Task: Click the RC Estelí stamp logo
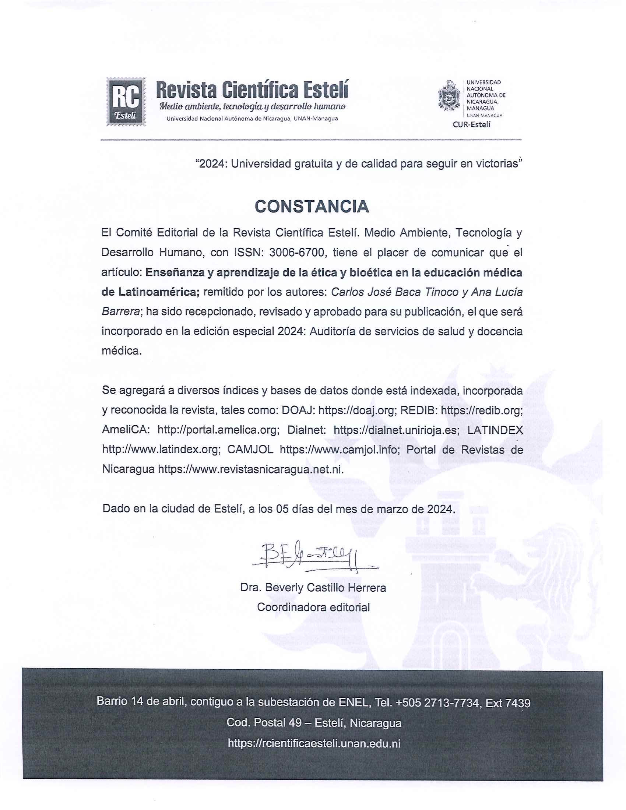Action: pyautogui.click(x=126, y=101)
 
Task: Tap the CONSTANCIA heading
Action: pyautogui.click(x=312, y=207)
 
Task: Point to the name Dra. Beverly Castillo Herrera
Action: pyautogui.click(x=313, y=588)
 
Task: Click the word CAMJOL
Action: pyautogui.click(x=250, y=450)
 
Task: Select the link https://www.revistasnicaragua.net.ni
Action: pyautogui.click(x=251, y=469)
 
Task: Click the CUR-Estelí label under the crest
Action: pyautogui.click(x=471, y=124)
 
